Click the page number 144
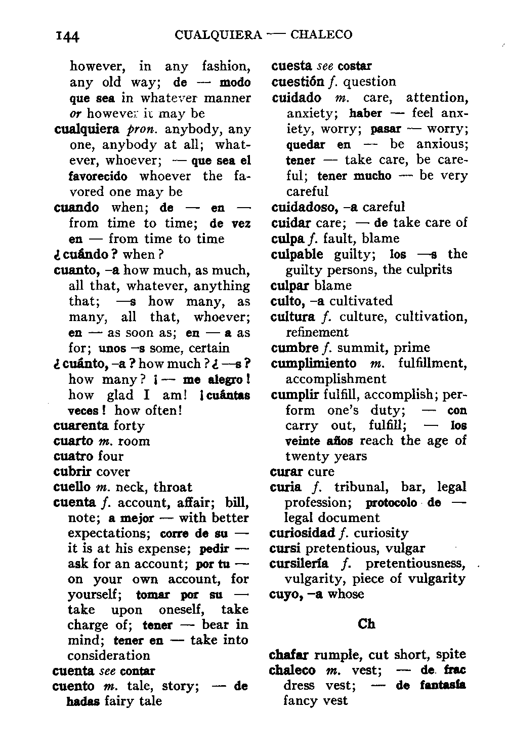coord(68,36)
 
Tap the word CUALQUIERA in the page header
coord(218,35)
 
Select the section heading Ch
coord(366,624)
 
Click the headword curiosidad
coord(303,533)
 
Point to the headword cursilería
coord(299,564)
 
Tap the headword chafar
coord(288,655)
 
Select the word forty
coord(129,425)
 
